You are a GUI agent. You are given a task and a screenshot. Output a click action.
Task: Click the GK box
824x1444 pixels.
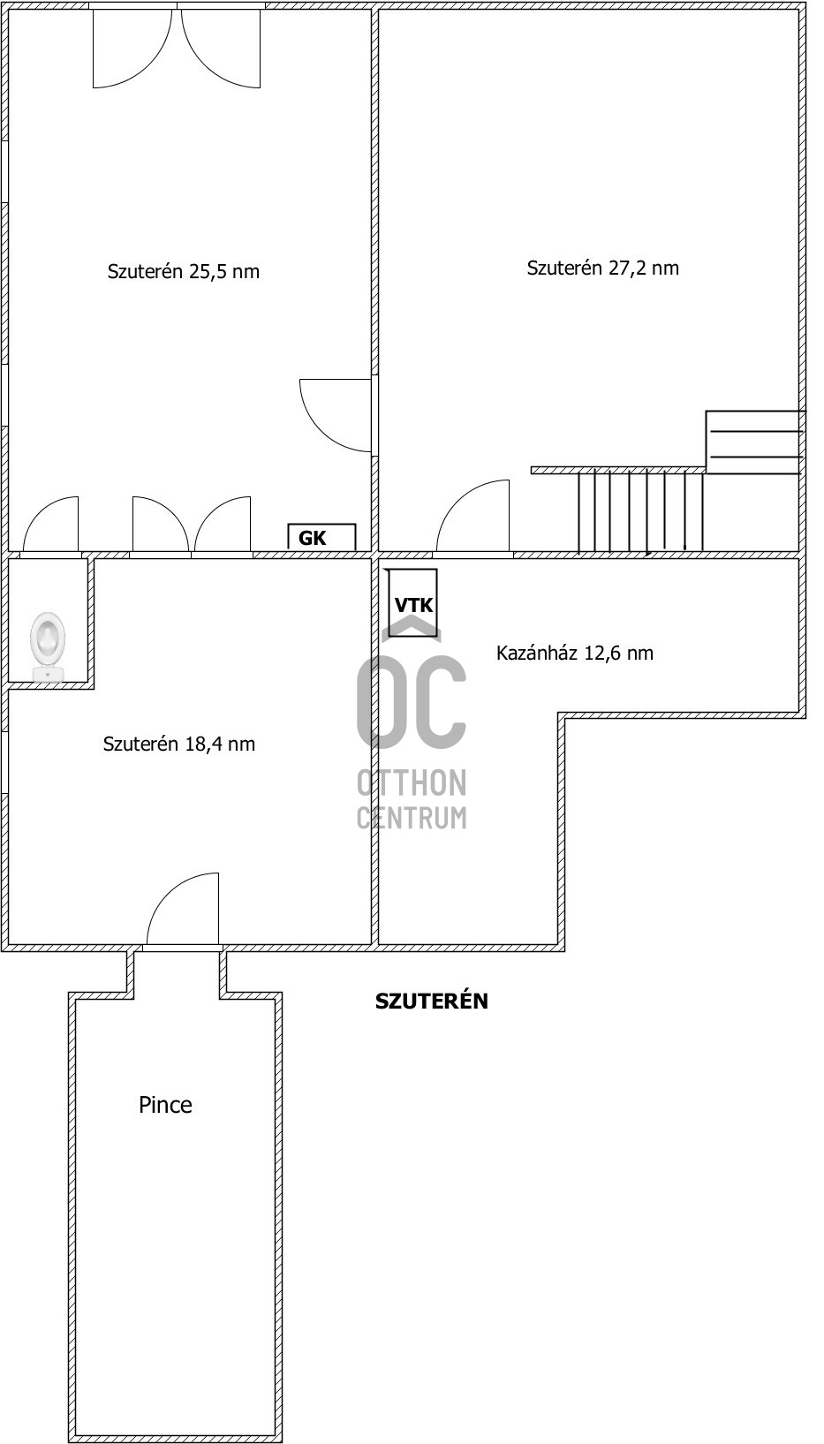click(321, 537)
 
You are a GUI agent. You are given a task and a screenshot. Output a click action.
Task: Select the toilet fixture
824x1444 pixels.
click(47, 646)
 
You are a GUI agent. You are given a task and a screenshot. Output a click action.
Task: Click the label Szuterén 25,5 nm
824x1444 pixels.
click(183, 271)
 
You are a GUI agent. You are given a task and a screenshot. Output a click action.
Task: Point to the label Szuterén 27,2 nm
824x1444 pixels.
click(603, 268)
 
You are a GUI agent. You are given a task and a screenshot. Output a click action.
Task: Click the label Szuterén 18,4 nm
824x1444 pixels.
click(178, 744)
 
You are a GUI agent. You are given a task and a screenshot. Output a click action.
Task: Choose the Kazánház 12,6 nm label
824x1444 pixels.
click(574, 653)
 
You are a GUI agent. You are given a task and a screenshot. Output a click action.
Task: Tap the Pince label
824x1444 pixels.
click(165, 1104)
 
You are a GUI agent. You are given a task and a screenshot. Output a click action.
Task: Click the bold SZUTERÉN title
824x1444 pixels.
click(431, 1001)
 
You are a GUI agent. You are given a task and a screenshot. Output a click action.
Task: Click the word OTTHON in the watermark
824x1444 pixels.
click(412, 783)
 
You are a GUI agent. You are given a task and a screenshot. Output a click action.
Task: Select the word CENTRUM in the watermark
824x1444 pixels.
click(412, 818)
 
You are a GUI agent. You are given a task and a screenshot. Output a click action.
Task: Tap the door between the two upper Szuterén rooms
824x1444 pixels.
click(336, 415)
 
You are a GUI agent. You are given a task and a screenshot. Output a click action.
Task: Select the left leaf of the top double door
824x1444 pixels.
click(132, 47)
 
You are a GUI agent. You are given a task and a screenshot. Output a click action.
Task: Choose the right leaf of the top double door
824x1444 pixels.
click(221, 47)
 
